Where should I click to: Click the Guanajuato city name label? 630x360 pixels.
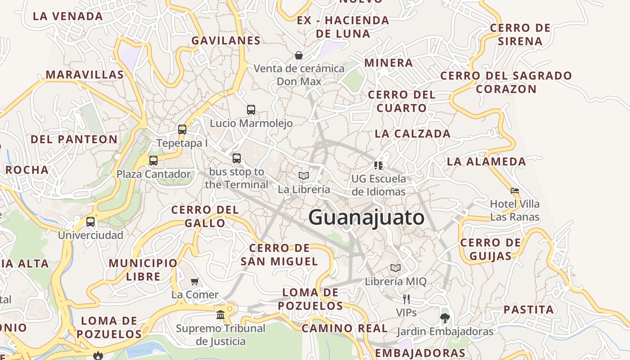(366, 218)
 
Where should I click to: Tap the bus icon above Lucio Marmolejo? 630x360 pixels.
(251, 109)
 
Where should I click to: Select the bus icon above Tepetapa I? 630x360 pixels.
(182, 130)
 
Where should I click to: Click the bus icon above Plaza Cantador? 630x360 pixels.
(153, 160)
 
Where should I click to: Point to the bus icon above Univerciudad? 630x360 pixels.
(90, 221)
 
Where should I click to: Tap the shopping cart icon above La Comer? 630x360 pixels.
(195, 281)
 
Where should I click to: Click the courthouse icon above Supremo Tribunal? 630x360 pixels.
(220, 315)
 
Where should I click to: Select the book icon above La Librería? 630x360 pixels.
(304, 175)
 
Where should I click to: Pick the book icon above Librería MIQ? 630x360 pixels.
(396, 268)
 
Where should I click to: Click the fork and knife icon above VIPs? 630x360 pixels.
(406, 299)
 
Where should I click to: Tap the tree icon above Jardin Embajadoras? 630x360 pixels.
(445, 318)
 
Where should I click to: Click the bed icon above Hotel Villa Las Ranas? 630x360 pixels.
(515, 191)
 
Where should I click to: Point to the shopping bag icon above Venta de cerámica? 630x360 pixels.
(299, 55)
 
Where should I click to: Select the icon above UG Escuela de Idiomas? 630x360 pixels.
(378, 165)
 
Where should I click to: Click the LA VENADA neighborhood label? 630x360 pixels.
(68, 16)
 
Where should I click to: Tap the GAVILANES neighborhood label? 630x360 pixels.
(226, 40)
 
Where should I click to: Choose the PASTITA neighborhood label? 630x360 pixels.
(528, 310)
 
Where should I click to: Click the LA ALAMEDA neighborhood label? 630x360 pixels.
(486, 161)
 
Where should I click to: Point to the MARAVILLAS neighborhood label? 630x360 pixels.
(85, 74)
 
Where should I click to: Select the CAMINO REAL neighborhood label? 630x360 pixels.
(344, 328)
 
